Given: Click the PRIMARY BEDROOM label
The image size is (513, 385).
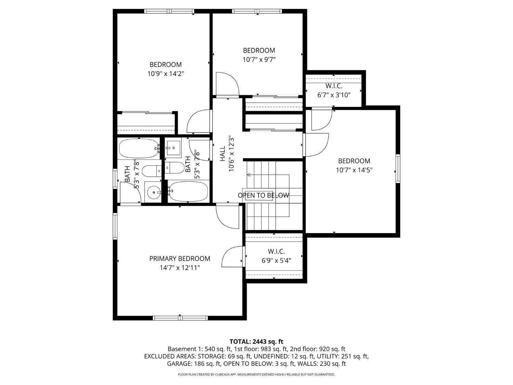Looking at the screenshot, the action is [x=180, y=258].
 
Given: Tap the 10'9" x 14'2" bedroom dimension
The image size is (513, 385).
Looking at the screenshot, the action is [x=166, y=74].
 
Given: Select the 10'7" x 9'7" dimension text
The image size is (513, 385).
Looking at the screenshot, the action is [x=259, y=60].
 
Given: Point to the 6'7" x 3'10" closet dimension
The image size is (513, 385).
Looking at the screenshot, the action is [x=334, y=95].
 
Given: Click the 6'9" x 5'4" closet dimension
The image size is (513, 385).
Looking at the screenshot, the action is [x=276, y=260].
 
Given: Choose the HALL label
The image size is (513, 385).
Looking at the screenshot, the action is [x=223, y=154].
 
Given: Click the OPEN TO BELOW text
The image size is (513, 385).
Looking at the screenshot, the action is [x=263, y=195].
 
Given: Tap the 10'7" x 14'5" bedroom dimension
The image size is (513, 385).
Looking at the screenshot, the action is [x=354, y=170].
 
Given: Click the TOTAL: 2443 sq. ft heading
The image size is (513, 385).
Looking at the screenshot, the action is [x=256, y=342].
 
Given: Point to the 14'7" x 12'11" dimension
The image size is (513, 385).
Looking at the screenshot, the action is [x=180, y=268].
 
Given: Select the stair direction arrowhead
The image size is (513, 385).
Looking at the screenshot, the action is [x=249, y=175].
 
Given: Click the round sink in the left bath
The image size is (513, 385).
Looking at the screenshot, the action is [x=153, y=192].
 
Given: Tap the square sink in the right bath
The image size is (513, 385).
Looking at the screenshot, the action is [x=173, y=148].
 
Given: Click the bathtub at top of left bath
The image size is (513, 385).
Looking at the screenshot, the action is [x=139, y=149].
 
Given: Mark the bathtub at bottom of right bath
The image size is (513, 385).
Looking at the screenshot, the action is [x=188, y=192].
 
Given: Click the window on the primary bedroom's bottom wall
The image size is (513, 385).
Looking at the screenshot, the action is [x=180, y=318].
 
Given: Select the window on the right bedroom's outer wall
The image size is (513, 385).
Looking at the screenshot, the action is [x=398, y=168].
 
